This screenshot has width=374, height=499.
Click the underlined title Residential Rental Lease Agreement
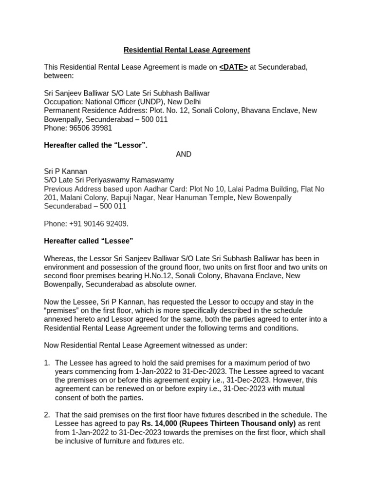(x=187, y=50)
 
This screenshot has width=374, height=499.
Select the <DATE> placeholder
(x=233, y=67)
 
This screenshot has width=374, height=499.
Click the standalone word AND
(x=184, y=154)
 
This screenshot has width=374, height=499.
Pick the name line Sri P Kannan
(x=66, y=172)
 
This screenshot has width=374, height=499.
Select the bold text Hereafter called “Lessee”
(x=88, y=241)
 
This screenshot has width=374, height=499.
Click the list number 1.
(x=47, y=363)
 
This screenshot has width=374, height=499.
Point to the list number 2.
(x=47, y=415)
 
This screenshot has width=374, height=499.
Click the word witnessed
(x=199, y=345)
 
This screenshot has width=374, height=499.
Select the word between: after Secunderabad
(x=58, y=76)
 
